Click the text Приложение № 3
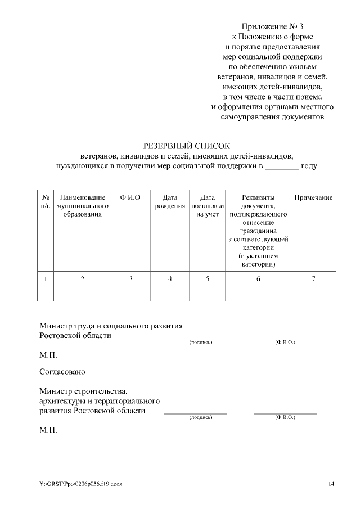click(x=272, y=27)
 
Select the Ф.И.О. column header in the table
click(x=130, y=197)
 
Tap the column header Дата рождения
click(x=170, y=201)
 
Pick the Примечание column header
click(x=313, y=197)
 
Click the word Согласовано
click(x=62, y=372)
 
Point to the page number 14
click(x=331, y=484)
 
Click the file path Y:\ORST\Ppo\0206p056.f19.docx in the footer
click(x=80, y=484)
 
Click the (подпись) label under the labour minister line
click(x=201, y=343)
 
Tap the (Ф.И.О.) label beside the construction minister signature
click(x=285, y=417)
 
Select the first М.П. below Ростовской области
click(x=48, y=355)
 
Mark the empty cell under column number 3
click(x=130, y=294)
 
